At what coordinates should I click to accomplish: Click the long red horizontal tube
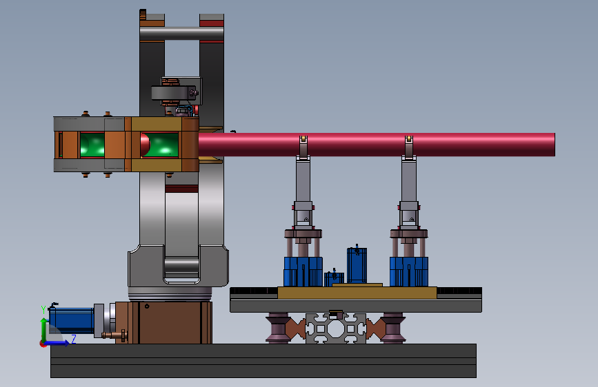pyautogui.click(x=376, y=145)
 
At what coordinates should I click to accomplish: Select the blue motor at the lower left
pyautogui.click(x=72, y=320)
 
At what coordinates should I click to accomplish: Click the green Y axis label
pyautogui.click(x=43, y=309)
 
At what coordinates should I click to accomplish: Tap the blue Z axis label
pyautogui.click(x=74, y=339)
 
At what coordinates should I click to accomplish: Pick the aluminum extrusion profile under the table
pyautogui.click(x=336, y=328)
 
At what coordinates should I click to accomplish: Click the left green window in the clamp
pyautogui.click(x=92, y=145)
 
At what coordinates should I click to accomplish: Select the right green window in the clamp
pyautogui.click(x=160, y=145)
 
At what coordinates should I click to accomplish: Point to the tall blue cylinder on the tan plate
pyautogui.click(x=357, y=266)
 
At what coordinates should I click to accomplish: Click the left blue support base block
pyautogui.click(x=303, y=271)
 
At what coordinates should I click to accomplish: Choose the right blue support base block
pyautogui.click(x=409, y=271)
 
